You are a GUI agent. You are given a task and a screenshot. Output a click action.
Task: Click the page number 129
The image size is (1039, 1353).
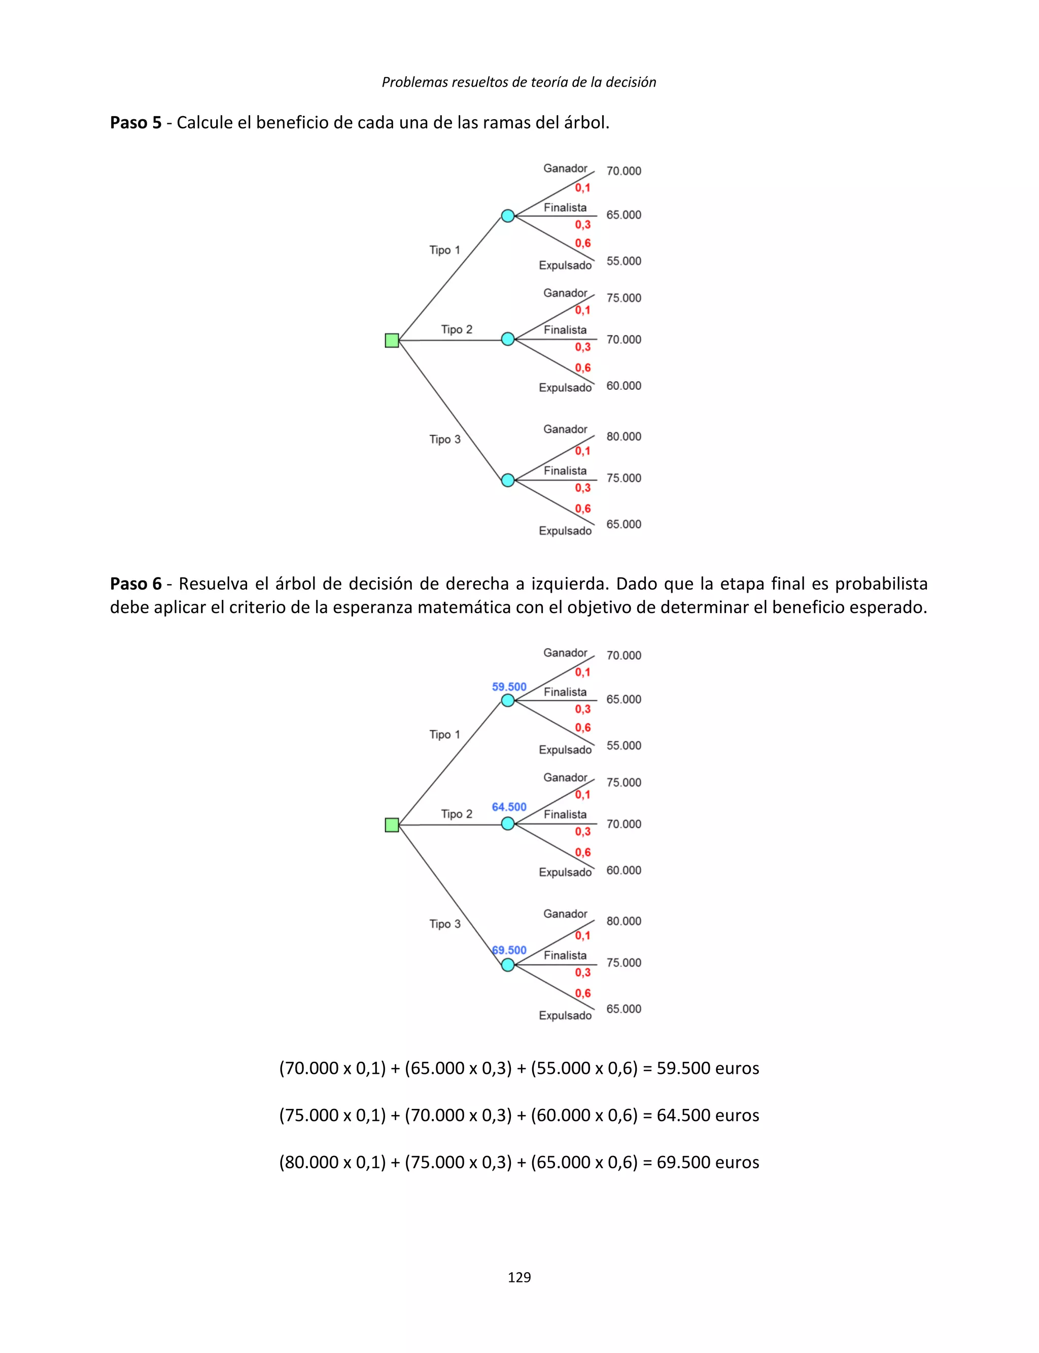click(519, 1277)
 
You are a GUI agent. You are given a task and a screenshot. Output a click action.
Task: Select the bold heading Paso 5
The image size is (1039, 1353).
click(135, 122)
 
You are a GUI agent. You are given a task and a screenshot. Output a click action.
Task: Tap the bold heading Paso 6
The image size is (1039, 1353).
click(135, 584)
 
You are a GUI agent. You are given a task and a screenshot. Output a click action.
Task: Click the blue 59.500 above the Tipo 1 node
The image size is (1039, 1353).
click(509, 687)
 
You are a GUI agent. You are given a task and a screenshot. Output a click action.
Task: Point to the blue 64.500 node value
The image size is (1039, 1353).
click(509, 807)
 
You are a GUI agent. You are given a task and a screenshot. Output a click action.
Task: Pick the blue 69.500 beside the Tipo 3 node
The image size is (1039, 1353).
click(509, 950)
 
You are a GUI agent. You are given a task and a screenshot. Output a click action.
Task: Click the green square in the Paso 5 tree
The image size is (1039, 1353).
click(392, 340)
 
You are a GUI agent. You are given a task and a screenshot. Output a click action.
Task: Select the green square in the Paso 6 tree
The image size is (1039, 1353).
click(392, 825)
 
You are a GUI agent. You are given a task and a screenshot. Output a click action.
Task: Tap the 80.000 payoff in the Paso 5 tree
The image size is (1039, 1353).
click(624, 436)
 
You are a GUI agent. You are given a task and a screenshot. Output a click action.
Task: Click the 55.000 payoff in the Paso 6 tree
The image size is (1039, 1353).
click(624, 745)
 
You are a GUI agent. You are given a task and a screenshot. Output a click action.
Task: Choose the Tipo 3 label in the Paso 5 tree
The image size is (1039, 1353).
click(444, 439)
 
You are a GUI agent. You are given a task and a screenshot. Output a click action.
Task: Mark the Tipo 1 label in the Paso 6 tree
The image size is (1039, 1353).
click(444, 734)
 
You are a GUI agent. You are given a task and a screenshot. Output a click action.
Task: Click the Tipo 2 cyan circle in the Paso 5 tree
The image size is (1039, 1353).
click(508, 339)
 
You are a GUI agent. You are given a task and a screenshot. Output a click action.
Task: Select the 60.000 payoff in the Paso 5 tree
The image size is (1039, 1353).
click(624, 385)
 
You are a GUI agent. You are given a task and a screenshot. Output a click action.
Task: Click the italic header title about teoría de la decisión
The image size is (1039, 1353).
click(519, 82)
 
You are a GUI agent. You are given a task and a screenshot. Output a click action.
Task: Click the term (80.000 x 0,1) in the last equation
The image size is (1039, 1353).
click(332, 1162)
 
